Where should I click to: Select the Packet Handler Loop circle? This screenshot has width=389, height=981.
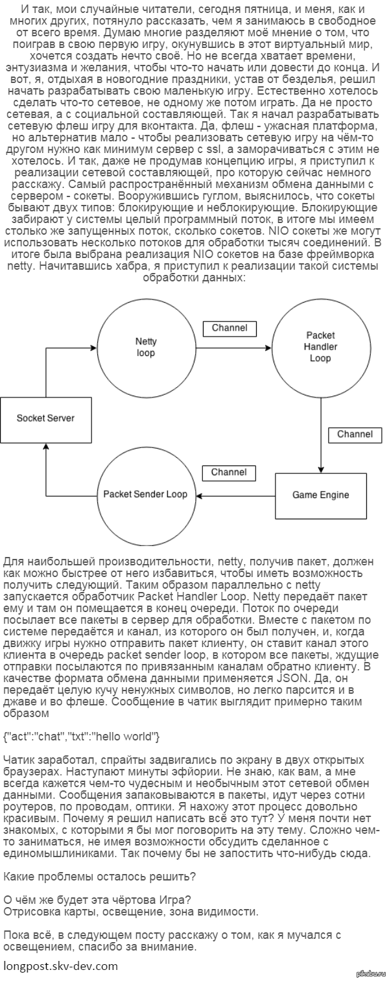click(320, 348)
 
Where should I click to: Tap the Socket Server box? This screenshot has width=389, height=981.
click(45, 418)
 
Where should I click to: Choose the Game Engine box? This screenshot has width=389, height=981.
click(320, 495)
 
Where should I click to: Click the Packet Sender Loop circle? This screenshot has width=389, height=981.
click(145, 494)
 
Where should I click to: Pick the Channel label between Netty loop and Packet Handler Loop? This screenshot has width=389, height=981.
click(230, 328)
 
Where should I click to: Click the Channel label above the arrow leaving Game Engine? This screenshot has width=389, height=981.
click(229, 473)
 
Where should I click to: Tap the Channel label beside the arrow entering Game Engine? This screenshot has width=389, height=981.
click(355, 434)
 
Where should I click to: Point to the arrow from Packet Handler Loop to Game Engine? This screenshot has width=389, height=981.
click(320, 434)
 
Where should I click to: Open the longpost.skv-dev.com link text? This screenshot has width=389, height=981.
click(61, 966)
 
